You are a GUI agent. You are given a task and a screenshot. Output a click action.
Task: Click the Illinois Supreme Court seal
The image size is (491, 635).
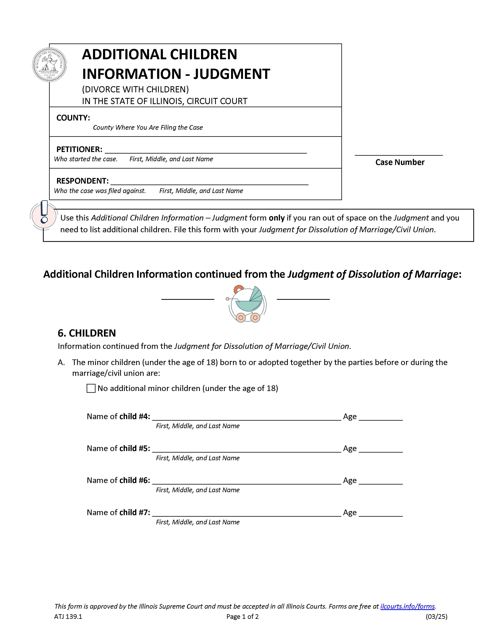pos(49,64)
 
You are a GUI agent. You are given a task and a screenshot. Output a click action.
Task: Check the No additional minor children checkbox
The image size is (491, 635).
pos(91,389)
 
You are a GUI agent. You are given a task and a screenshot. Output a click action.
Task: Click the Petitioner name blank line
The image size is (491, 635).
pos(205,150)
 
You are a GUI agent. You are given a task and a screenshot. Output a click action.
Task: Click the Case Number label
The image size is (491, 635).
pos(400,162)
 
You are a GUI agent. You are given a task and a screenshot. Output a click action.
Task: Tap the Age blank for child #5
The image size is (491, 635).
pos(380,448)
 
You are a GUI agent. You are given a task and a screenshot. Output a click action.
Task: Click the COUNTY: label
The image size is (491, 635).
pos(73,118)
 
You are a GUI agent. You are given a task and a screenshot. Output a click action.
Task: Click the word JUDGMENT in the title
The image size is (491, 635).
pos(232,74)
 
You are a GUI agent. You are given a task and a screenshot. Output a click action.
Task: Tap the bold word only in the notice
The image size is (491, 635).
pos(276,218)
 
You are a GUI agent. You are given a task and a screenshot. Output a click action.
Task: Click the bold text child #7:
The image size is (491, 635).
pos(135,512)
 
